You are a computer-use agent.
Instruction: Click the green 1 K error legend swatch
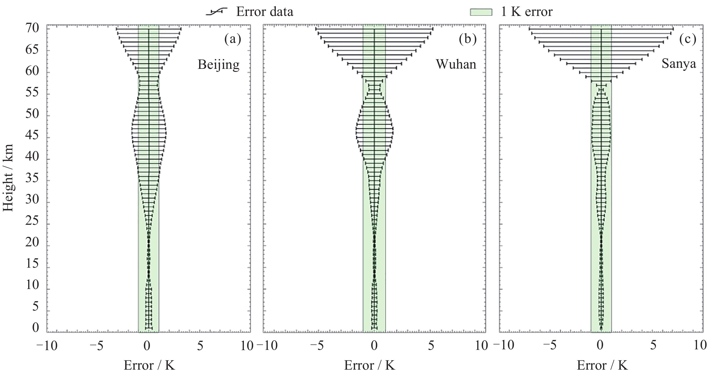(481, 12)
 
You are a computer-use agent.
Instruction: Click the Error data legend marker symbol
(216, 12)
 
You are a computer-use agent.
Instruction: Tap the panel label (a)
(232, 39)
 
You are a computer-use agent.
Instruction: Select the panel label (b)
(468, 39)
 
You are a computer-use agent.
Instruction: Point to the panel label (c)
(688, 39)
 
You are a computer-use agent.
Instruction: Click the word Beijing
(219, 64)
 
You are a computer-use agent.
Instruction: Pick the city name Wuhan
(456, 64)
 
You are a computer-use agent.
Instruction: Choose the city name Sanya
(679, 64)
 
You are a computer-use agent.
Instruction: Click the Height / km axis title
(8, 178)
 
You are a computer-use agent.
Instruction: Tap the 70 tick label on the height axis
(32, 28)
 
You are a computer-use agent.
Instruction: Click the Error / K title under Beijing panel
(149, 366)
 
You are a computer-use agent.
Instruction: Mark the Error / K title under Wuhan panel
(370, 366)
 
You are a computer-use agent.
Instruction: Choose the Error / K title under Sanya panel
(602, 366)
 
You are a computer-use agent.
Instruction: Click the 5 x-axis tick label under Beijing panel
(200, 346)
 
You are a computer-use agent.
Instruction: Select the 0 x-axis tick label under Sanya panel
(600, 346)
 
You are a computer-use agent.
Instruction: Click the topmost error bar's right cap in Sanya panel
(673, 29)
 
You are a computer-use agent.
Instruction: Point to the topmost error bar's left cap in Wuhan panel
(316, 29)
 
